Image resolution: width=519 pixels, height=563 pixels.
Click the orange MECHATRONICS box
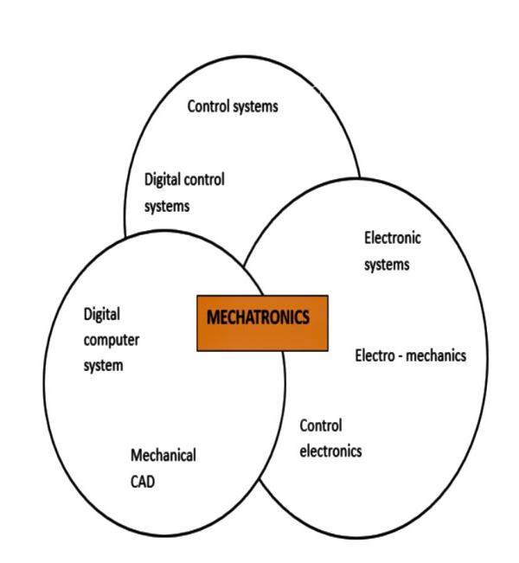(x=262, y=323)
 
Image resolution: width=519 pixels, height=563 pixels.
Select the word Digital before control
(x=162, y=180)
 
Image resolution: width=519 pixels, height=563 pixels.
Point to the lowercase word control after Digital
(x=204, y=180)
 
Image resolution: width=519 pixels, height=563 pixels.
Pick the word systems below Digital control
(x=166, y=207)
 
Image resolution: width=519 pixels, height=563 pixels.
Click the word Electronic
(x=393, y=238)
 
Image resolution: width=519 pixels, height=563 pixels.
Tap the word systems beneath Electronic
(x=387, y=265)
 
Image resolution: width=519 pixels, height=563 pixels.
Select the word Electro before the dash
(x=376, y=355)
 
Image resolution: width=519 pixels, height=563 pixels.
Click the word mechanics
(x=439, y=355)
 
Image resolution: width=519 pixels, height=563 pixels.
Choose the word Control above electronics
(x=321, y=425)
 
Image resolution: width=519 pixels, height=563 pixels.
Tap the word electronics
(x=330, y=451)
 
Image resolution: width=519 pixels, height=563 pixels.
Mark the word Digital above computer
(x=101, y=313)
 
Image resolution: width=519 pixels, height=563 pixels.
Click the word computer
(x=112, y=339)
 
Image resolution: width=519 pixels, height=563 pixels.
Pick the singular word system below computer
(x=103, y=366)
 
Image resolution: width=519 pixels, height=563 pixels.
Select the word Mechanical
(x=163, y=455)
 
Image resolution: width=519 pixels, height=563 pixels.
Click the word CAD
(x=143, y=482)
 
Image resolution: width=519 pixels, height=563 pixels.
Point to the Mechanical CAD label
(x=163, y=468)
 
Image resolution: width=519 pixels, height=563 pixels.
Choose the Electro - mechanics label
(x=411, y=355)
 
